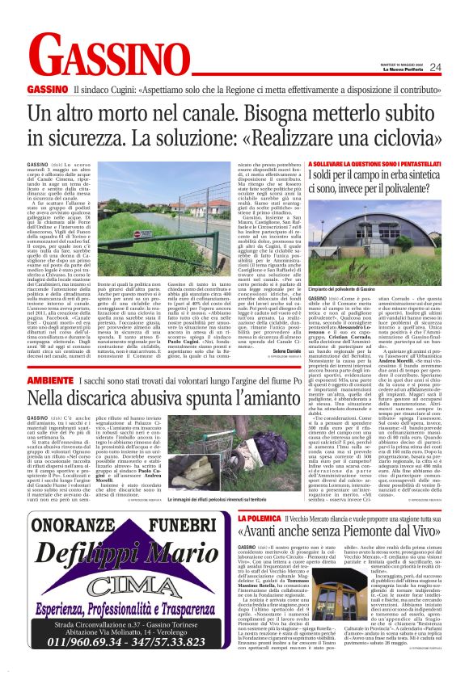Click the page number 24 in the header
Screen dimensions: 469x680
(x=457, y=67)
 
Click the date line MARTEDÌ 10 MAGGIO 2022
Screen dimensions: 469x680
(x=413, y=63)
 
